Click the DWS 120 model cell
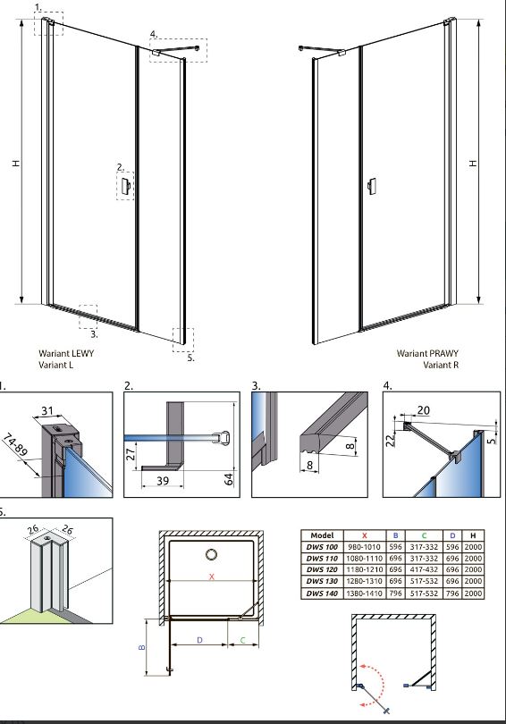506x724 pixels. [322, 569]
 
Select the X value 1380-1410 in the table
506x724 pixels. [364, 594]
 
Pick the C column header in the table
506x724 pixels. [424, 535]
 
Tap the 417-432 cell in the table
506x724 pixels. [424, 569]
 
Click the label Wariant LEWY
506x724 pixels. [66, 353]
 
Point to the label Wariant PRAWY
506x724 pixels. [427, 353]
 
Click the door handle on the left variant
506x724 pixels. [125, 186]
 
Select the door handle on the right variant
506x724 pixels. [372, 186]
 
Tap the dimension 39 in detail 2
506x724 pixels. [163, 481]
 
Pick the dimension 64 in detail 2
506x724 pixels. [229, 479]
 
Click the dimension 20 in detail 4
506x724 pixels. [424, 410]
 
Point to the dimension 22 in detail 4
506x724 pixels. [390, 439]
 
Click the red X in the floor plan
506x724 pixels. [212, 577]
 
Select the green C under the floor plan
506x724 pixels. [243, 640]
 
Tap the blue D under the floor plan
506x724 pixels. [199, 640]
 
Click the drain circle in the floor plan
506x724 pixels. [212, 554]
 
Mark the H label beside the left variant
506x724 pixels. [16, 163]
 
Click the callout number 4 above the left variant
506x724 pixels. [153, 34]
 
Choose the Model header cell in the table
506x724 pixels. [322, 535]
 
